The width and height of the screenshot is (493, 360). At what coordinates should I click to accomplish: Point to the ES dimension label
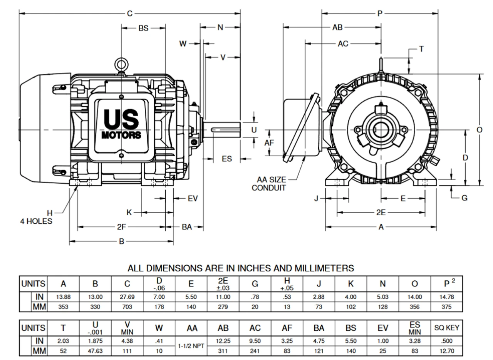pyautogui.click(x=227, y=158)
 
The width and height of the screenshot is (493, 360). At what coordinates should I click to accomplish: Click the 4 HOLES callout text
pyautogui.click(x=36, y=221)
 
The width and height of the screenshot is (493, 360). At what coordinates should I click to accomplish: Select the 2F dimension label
pyautogui.click(x=121, y=227)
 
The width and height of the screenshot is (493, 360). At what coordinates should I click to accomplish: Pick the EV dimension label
pyautogui.click(x=193, y=198)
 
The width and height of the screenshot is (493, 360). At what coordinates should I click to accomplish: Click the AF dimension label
pyautogui.click(x=270, y=143)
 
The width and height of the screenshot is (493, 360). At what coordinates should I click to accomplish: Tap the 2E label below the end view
pyautogui.click(x=381, y=212)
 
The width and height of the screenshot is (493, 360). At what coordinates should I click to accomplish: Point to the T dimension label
pyautogui.click(x=421, y=49)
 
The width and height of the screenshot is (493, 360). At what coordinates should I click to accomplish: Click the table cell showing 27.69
pyautogui.click(x=127, y=297)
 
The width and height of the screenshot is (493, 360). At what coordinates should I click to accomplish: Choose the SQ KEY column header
pyautogui.click(x=446, y=328)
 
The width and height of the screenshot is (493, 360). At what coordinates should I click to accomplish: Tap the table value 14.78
pyautogui.click(x=446, y=297)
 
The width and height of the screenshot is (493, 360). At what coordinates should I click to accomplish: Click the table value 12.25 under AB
pyautogui.click(x=223, y=341)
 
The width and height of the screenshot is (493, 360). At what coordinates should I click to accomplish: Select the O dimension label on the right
pyautogui.click(x=480, y=130)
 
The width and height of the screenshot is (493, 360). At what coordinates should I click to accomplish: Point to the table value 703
pyautogui.click(x=127, y=307)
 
